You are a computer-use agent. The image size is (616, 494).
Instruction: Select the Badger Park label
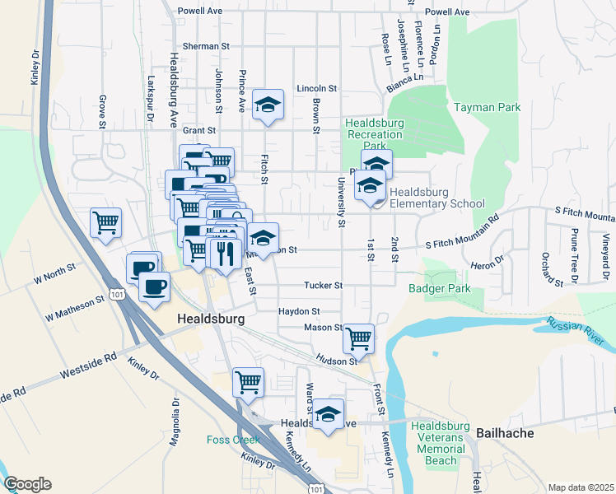click(x=439, y=288)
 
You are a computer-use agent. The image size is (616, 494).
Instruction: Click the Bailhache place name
click(x=505, y=432)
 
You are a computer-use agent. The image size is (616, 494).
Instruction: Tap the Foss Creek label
click(x=233, y=440)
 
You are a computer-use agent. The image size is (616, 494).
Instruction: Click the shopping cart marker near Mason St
click(x=358, y=337)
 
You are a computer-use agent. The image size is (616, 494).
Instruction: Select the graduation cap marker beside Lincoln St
click(x=268, y=104)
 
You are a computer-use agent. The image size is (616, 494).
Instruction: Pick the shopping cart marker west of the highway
click(x=106, y=221)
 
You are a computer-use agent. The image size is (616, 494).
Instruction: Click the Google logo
click(x=27, y=484)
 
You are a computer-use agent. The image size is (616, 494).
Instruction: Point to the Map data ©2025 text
click(x=581, y=487)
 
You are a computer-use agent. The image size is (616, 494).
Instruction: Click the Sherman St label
click(x=198, y=47)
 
